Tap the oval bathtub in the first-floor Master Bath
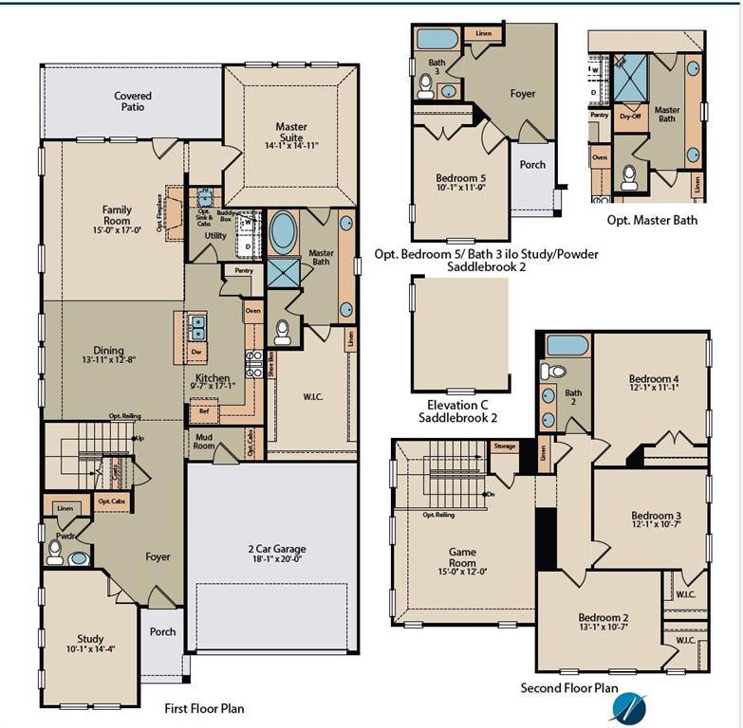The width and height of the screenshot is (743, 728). (x=283, y=230)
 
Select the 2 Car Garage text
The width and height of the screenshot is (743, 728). (x=276, y=549)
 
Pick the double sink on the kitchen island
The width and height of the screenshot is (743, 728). (x=197, y=328)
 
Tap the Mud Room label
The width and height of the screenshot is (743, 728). (x=205, y=442)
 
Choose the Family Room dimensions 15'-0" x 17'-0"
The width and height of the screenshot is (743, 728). (x=117, y=228)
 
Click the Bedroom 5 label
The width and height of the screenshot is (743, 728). (x=460, y=178)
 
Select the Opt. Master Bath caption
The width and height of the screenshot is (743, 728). (x=652, y=220)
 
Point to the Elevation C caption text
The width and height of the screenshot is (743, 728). (x=458, y=405)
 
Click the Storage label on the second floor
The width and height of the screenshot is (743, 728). (x=505, y=446)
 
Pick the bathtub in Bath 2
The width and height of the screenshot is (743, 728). (x=567, y=345)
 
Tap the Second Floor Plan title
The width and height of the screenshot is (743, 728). (x=569, y=688)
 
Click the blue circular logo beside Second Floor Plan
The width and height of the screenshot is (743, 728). (x=627, y=706)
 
